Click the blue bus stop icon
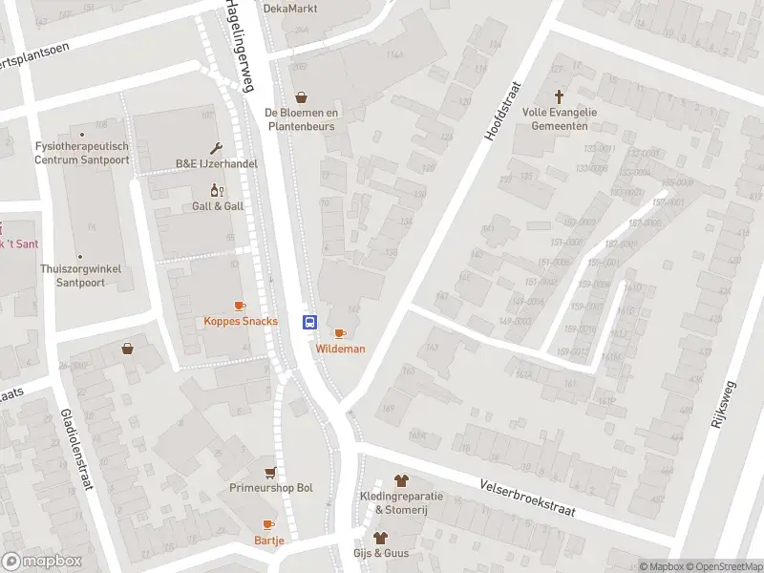coord(310,322)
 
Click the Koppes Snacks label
coord(241,321)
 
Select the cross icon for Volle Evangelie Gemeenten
coord(560,96)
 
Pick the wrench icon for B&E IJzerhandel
coord(217,148)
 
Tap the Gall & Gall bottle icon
coord(217,190)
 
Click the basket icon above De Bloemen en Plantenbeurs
coord(303,96)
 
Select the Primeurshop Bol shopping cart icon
coord(271,473)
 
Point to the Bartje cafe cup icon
coord(268,524)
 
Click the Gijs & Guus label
coord(381,553)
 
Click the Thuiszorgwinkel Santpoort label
coord(80,276)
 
